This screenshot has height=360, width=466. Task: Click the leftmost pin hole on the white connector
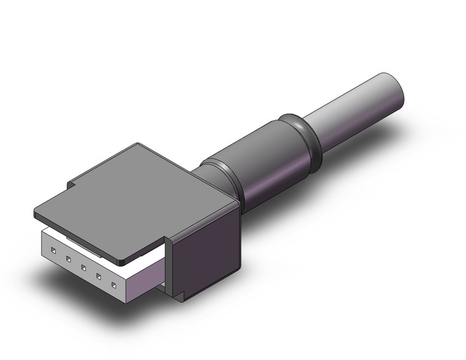click(54, 250)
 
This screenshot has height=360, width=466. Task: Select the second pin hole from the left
click(68, 258)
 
